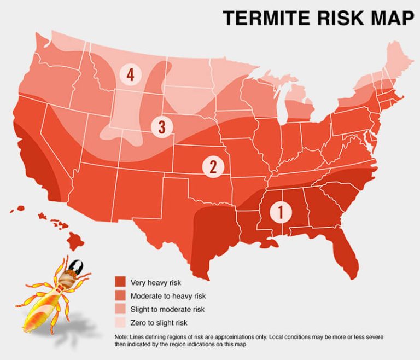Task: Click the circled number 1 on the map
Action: click(280, 211)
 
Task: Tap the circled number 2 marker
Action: click(213, 166)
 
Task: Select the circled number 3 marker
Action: click(161, 127)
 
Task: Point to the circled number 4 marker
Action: click(130, 74)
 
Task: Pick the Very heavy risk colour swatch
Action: click(120, 283)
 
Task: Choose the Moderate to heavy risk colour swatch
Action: click(120, 296)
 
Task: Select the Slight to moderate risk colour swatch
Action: click(120, 310)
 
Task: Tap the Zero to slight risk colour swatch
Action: click(120, 323)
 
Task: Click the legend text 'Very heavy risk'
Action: click(155, 283)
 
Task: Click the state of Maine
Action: click(392, 60)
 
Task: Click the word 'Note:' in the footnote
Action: click(121, 337)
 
